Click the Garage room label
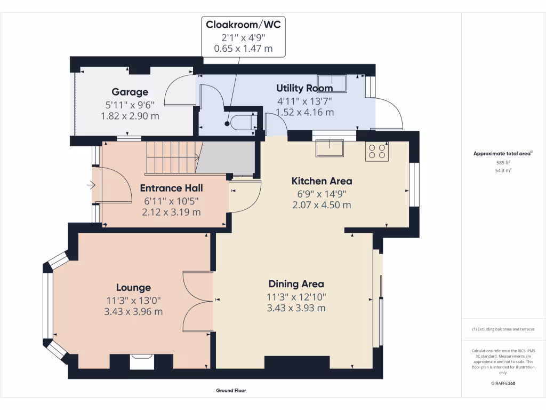pyautogui.click(x=130, y=92)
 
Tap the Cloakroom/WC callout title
pyautogui.click(x=243, y=25)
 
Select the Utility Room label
pyautogui.click(x=304, y=88)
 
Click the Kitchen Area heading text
pyautogui.click(x=322, y=181)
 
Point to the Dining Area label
pyautogui.click(x=296, y=284)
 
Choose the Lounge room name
pyautogui.click(x=133, y=288)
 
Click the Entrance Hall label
pyautogui.click(x=171, y=188)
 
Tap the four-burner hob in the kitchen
pyautogui.click(x=377, y=151)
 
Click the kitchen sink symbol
pyautogui.click(x=330, y=148)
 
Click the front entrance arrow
pyautogui.click(x=91, y=185)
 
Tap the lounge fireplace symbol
pyautogui.click(x=142, y=361)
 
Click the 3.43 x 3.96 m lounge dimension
pyautogui.click(x=133, y=311)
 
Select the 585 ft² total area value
pyautogui.click(x=503, y=162)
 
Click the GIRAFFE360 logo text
pyautogui.click(x=503, y=383)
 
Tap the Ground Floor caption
pyautogui.click(x=231, y=390)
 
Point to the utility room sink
pyautogui.click(x=332, y=84)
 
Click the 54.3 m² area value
pyautogui.click(x=503, y=170)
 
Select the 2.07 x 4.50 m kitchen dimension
pyautogui.click(x=322, y=205)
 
